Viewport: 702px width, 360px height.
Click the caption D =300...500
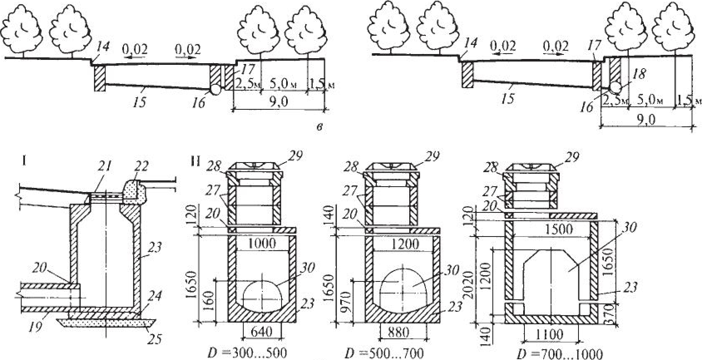(247, 353)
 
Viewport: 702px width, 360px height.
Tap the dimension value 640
(262, 332)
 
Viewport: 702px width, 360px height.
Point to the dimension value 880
(398, 332)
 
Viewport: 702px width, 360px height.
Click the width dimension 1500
(559, 229)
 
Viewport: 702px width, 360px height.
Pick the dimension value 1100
(549, 334)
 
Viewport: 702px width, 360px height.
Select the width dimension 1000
(262, 244)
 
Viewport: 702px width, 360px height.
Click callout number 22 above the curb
(141, 166)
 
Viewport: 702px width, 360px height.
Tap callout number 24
(156, 296)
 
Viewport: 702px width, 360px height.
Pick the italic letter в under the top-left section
(320, 127)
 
